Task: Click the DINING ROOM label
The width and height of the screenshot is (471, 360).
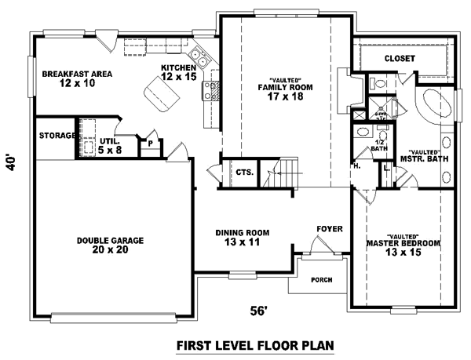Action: (243, 238)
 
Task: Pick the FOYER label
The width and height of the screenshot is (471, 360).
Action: (328, 229)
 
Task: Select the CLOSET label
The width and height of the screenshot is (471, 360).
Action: (400, 59)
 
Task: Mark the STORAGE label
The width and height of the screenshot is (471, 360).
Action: (56, 135)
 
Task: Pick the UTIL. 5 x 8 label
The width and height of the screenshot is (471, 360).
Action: (107, 146)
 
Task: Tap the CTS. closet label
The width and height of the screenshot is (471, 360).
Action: (243, 173)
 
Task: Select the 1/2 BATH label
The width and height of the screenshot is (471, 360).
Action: (379, 144)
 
